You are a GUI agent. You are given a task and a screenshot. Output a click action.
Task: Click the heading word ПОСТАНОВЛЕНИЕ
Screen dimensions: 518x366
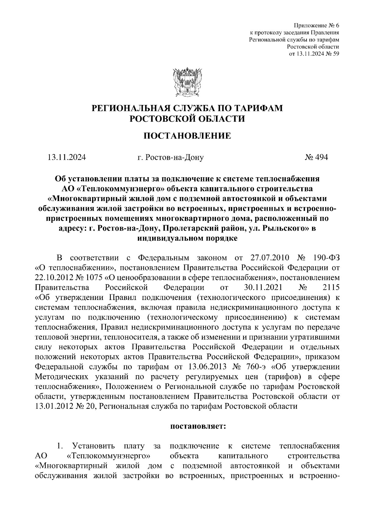coord(187,136)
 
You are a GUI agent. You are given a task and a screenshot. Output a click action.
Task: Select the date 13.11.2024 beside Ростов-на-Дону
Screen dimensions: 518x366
coord(66,157)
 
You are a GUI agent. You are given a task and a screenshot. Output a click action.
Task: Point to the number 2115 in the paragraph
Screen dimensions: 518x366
coord(331,288)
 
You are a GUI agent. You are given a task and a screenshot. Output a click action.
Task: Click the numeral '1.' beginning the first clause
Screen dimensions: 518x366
coord(60,446)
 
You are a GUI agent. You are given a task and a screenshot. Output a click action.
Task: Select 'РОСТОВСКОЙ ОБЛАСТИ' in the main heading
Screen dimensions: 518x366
coord(187,119)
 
